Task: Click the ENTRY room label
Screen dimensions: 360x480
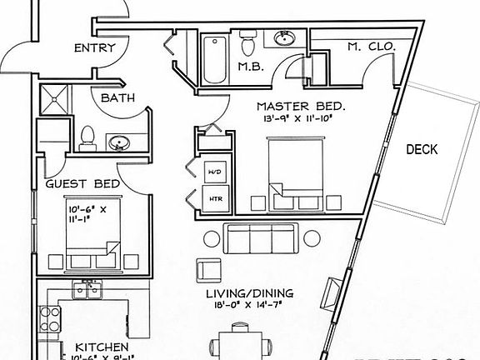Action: [94, 48]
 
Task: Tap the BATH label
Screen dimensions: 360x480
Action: [117, 98]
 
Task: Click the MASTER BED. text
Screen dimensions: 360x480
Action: [301, 107]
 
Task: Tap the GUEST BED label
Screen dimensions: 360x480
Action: [82, 183]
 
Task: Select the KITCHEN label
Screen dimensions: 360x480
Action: [101, 347]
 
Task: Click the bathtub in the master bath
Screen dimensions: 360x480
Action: [214, 55]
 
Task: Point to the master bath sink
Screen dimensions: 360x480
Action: [283, 39]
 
